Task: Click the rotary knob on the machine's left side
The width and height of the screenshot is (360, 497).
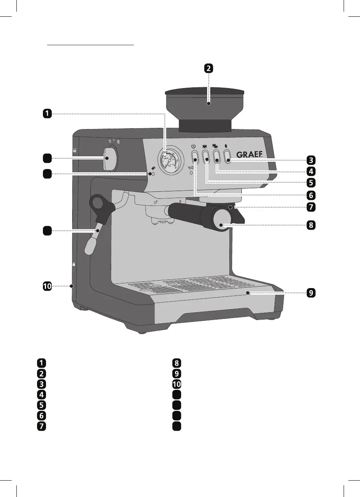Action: (110, 159)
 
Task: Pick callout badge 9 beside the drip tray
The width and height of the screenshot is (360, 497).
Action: (310, 293)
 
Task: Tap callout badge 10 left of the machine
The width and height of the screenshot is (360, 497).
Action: (47, 287)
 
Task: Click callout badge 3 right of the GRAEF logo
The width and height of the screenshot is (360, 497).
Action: (310, 160)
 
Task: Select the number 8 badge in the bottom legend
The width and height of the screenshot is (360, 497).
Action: (177, 363)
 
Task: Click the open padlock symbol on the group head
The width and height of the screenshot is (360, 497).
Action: (156, 202)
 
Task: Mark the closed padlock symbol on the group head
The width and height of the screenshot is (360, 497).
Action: (180, 201)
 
